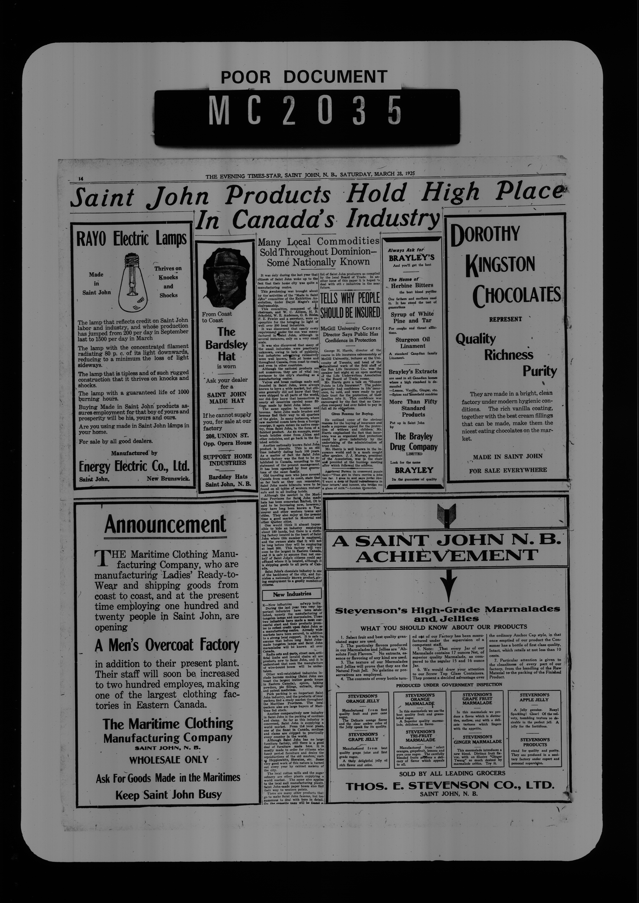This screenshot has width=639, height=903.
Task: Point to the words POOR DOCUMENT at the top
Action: (304, 77)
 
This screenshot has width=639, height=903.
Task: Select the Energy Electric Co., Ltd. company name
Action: (134, 467)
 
